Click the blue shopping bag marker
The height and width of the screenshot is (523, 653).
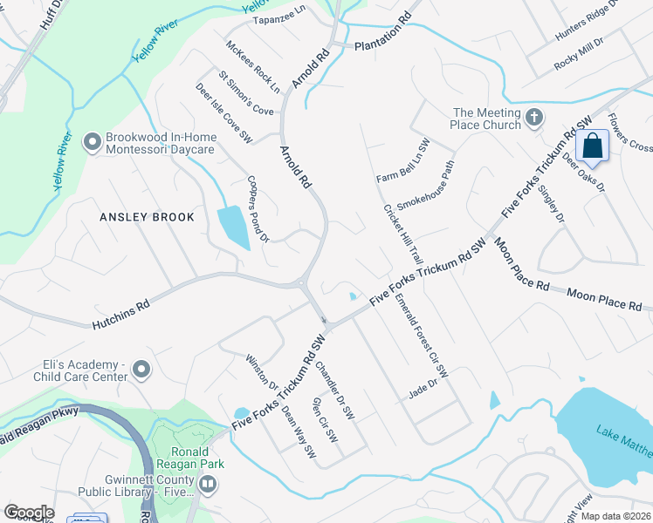[592, 146]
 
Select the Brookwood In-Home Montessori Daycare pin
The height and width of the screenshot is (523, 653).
[93, 141]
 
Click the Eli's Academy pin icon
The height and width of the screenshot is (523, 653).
[141, 372]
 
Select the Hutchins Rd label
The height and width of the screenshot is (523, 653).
[120, 315]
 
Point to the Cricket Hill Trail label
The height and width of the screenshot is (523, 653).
[402, 234]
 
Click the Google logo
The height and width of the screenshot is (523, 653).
[28, 513]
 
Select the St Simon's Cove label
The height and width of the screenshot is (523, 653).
[245, 93]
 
